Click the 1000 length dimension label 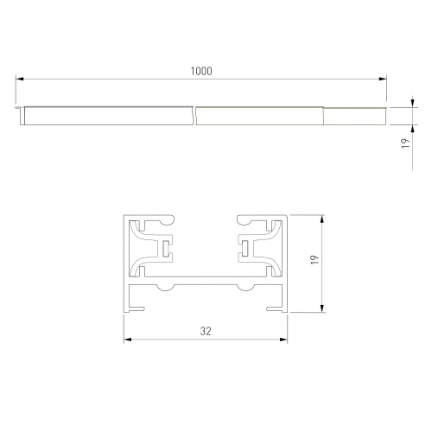coord(201,71)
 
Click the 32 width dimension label coord(206,331)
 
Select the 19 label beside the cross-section coord(314,260)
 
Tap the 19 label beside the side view coord(405,143)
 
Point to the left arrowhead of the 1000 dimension coord(19,79)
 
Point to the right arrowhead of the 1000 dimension coord(383,79)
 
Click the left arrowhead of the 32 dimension coord(128,340)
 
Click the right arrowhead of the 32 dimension coord(283,340)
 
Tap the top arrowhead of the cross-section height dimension coord(322,219)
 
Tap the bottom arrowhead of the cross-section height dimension coord(322,308)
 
